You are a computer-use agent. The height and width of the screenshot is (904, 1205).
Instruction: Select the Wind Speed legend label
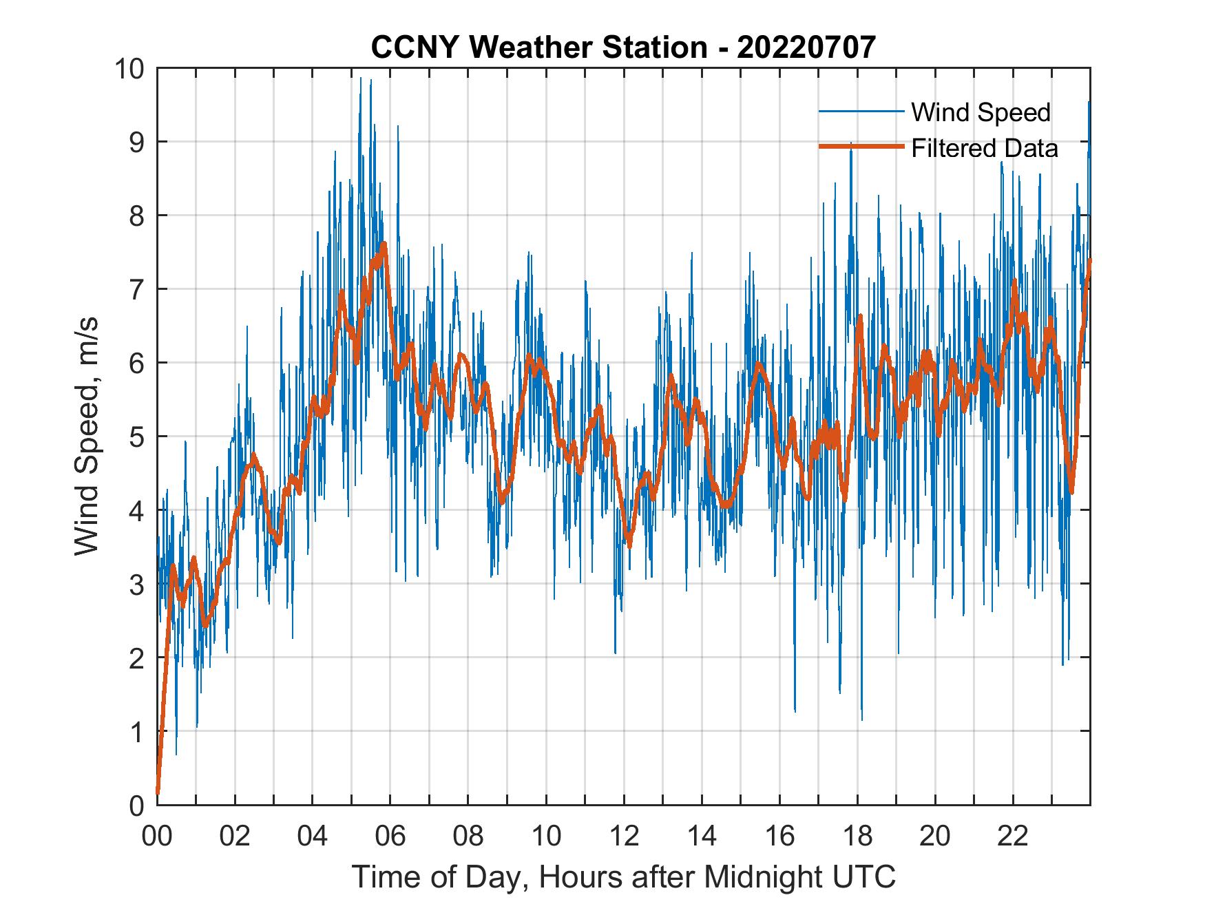coord(981,112)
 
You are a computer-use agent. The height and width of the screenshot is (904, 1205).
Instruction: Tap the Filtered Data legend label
coord(984,148)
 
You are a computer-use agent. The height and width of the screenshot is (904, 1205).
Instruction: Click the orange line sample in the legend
coord(861,147)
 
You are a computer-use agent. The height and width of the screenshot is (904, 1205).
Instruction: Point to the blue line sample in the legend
coord(861,112)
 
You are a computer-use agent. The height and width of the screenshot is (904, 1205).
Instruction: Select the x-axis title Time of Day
coord(623,877)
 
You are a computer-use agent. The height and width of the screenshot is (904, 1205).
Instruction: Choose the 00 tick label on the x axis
coord(156,837)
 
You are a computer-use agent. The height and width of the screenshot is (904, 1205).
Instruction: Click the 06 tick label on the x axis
coord(390,837)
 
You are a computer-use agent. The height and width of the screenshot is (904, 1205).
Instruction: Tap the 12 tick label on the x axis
coord(624,837)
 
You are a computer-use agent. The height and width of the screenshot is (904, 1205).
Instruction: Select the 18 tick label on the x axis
coord(857,837)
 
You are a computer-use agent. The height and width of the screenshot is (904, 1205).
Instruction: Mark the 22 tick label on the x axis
coord(1013,837)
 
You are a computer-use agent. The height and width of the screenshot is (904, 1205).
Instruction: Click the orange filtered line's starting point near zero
coord(158,792)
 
